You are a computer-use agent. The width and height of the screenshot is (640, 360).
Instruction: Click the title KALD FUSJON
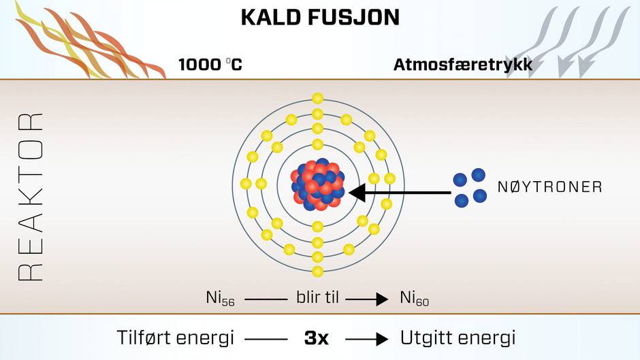pos(320,18)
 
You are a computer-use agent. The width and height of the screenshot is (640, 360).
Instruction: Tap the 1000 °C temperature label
pos(210,65)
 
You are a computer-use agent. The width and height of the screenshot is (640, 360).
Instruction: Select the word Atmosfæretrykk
pos(463,65)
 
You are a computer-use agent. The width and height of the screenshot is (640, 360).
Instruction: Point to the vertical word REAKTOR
pos(31,197)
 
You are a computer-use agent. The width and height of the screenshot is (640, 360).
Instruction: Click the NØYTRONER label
pos(550,187)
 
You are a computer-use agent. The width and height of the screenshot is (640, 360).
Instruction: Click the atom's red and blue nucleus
pos(318,184)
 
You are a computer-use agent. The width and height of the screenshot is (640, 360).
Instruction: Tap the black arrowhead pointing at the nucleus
pos(357,193)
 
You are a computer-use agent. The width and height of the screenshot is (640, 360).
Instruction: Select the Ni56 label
pos(220,298)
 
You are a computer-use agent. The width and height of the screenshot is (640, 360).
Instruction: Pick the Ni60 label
pos(414,298)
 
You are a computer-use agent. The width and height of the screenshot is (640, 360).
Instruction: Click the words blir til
pos(317,297)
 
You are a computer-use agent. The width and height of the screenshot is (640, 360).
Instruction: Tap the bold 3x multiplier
pos(317,338)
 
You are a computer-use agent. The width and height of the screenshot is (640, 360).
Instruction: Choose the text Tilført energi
pos(176,338)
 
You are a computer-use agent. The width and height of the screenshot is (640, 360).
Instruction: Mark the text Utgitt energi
pos(458,338)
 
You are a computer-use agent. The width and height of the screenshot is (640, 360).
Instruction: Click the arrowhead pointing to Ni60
pos(382,299)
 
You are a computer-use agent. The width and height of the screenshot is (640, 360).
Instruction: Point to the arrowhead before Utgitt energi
pos(382,339)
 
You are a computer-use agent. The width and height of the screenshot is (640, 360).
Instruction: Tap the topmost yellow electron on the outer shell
pos(317,99)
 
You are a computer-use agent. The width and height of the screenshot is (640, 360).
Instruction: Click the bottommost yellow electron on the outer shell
pos(317,271)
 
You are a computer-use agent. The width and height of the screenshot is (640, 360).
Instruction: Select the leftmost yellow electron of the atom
pos(246,184)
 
